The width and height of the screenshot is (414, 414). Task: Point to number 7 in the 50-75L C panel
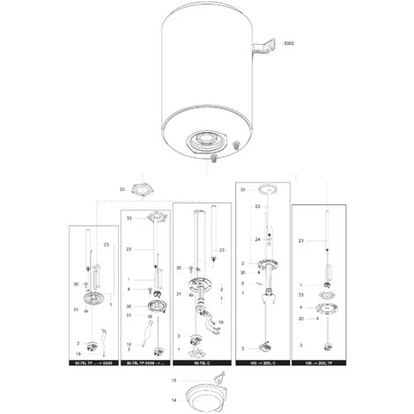181,350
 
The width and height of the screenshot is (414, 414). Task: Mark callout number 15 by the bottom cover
174,381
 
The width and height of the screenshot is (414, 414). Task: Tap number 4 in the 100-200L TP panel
301,307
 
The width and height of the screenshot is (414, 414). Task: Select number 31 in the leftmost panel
78,308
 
